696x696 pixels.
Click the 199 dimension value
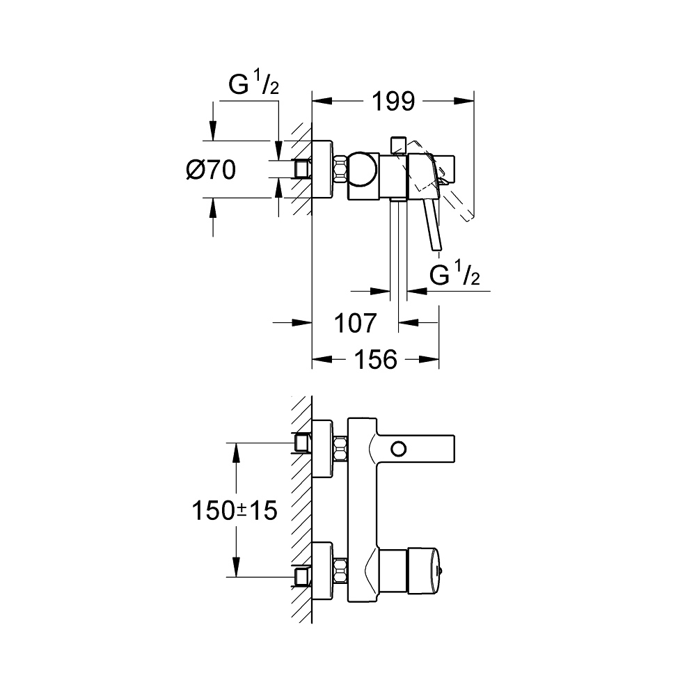click(x=392, y=102)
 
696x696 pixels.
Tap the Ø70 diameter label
click(x=211, y=169)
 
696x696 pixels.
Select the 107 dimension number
click(x=355, y=323)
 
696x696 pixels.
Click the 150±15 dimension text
click(x=235, y=512)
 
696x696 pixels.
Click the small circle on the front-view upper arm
click(x=400, y=448)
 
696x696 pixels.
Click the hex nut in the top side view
click(x=340, y=170)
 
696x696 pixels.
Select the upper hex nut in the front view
click(x=340, y=448)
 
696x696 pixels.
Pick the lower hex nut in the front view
click(x=340, y=571)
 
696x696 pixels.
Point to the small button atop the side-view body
click(x=398, y=144)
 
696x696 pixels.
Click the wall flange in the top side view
click(x=322, y=171)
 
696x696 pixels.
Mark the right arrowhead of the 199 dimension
click(x=468, y=102)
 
